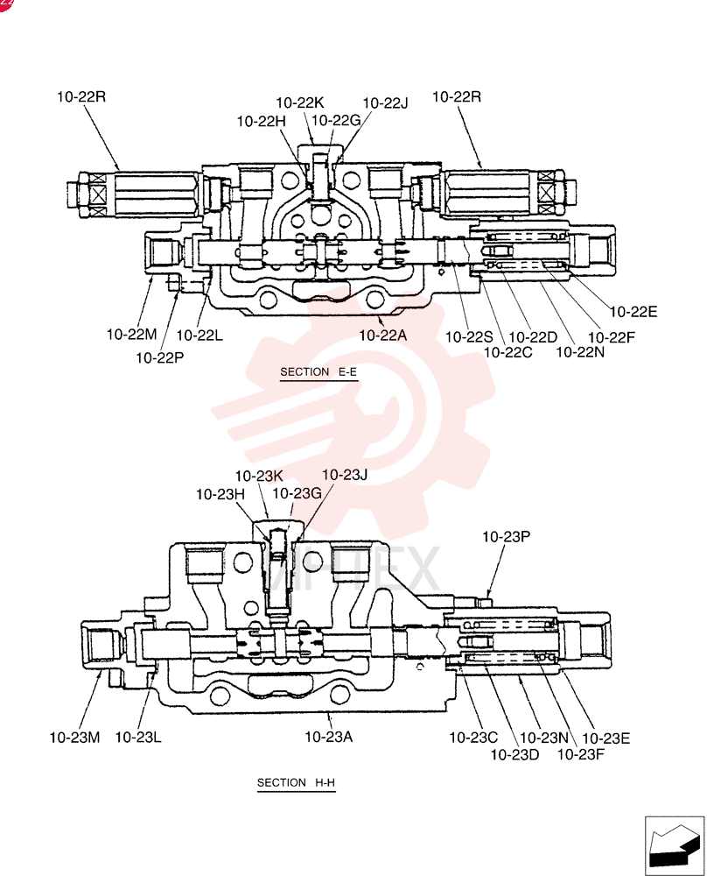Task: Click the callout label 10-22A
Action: click(x=382, y=336)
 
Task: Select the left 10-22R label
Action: click(x=80, y=96)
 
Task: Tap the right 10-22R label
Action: click(x=457, y=96)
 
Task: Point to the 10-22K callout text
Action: click(x=299, y=102)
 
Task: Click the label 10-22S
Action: click(x=469, y=337)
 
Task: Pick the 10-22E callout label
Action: click(x=633, y=312)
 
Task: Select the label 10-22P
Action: click(x=159, y=357)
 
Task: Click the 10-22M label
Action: click(x=132, y=335)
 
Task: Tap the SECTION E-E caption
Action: click(x=318, y=372)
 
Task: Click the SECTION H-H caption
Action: click(x=296, y=782)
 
